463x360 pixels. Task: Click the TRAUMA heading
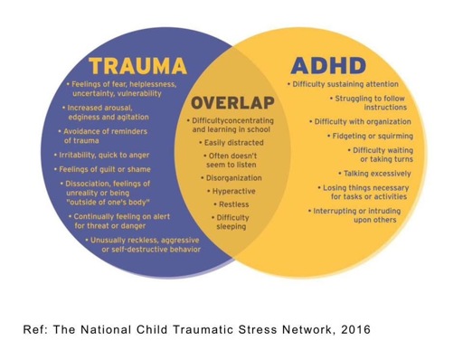tap(138, 66)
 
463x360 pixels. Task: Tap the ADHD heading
tap(328, 66)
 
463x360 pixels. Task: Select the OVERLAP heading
tap(232, 103)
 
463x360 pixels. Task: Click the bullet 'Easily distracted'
tap(231, 143)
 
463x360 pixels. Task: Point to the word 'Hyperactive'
tap(234, 191)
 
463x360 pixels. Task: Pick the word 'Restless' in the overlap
tap(234, 204)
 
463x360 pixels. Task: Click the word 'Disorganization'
tap(233, 178)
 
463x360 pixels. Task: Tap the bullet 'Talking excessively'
tap(374, 174)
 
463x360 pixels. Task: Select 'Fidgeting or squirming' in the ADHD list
tap(370, 136)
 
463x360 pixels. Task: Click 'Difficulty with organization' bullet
tap(360, 122)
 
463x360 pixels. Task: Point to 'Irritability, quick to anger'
tap(101, 155)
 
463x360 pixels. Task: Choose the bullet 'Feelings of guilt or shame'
tap(102, 169)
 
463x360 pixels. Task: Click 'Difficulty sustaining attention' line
tap(343, 84)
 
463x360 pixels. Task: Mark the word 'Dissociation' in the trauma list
tap(87, 184)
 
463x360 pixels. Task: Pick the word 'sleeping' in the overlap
tap(231, 227)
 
